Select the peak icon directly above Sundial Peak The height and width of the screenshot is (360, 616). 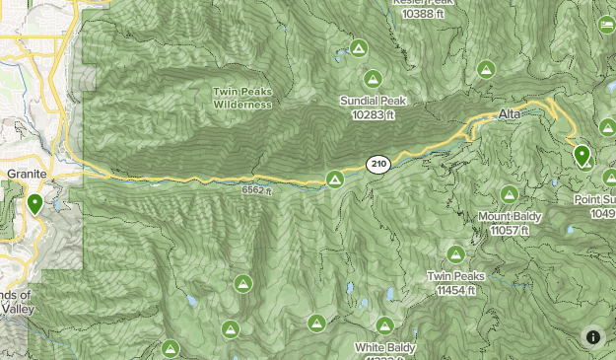click(373, 79)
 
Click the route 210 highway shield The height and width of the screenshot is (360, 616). click(376, 163)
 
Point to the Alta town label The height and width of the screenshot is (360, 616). click(510, 115)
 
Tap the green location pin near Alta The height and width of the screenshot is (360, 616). click(582, 156)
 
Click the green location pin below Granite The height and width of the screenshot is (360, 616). click(35, 204)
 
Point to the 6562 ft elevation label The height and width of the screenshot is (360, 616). click(255, 190)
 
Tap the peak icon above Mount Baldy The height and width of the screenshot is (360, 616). click(510, 195)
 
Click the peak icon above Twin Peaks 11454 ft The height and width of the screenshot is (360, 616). click(455, 254)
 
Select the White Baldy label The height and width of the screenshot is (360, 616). click(385, 347)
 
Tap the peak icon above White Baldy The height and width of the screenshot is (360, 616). click(384, 325)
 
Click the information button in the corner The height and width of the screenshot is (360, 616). click(593, 337)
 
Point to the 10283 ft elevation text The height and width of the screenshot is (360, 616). click(373, 114)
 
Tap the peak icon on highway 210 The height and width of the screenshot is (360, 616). click(335, 179)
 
